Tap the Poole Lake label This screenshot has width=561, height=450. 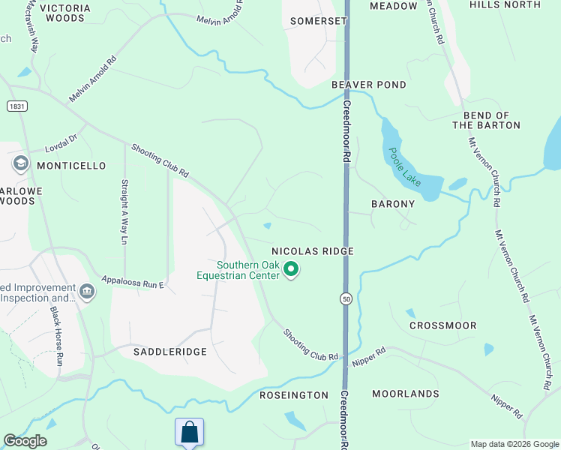point(405,166)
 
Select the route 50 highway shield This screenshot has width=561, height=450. point(346,298)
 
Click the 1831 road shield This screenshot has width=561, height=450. point(17,106)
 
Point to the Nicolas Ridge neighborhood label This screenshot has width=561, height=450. point(312,251)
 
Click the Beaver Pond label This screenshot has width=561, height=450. point(369,85)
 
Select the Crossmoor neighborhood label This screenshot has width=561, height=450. point(443,325)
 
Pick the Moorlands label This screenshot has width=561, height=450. point(405,394)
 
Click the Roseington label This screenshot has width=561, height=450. point(294,394)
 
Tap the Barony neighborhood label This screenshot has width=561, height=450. point(393,204)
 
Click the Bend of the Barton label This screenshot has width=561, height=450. point(486,120)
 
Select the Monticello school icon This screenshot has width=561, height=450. point(20,163)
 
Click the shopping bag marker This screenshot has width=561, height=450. point(189,432)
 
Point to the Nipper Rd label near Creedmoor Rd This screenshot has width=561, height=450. point(368,357)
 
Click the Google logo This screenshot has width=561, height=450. point(25,441)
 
